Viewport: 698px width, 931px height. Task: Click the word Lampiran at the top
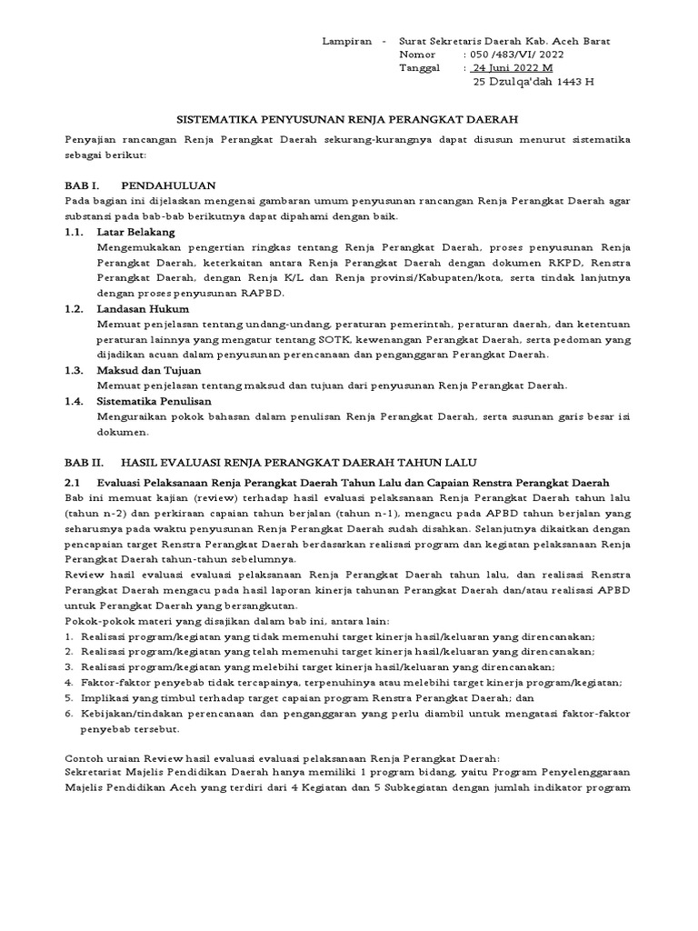(348, 42)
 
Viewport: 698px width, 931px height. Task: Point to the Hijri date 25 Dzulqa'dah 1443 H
(533, 82)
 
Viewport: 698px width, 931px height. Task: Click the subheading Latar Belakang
(135, 232)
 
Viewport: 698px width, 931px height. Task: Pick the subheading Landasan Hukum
(142, 309)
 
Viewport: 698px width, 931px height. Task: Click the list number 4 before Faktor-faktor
(69, 682)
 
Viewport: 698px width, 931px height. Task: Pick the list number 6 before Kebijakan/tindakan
(69, 714)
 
